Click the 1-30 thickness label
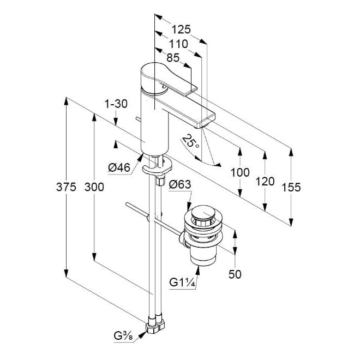pyautogui.click(x=115, y=103)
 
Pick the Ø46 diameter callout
pyautogui.click(x=119, y=168)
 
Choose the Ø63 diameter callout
pyautogui.click(x=180, y=185)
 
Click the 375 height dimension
pyautogui.click(x=66, y=187)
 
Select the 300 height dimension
pyautogui.click(x=94, y=187)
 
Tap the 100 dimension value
pyautogui.click(x=240, y=173)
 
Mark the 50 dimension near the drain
pyautogui.click(x=235, y=274)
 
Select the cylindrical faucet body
pyautogui.click(x=154, y=123)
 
